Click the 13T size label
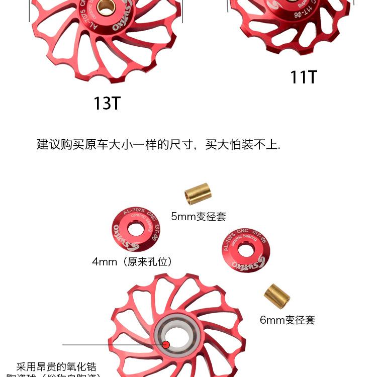(107, 103)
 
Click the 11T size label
(304, 77)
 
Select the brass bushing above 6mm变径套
(277, 296)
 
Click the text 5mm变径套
(198, 217)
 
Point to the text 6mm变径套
(287, 320)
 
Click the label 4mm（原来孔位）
(132, 262)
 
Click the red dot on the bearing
(166, 344)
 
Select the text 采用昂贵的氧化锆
(56, 367)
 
